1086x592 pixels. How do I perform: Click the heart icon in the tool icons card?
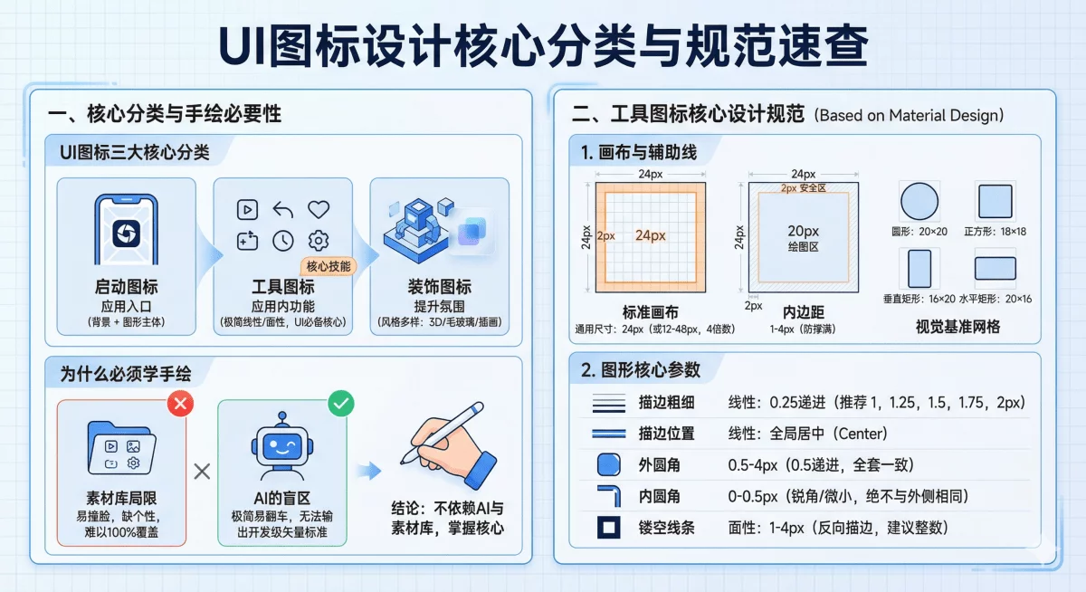point(319,209)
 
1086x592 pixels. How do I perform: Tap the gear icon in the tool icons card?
point(318,240)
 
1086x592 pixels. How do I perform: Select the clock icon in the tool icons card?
point(283,240)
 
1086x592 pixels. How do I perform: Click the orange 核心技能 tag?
point(327,266)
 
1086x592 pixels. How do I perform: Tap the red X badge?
point(180,404)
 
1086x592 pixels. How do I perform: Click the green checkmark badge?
point(340,404)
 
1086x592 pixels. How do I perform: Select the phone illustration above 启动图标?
point(122,230)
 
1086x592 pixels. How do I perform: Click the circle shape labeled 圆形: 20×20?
point(919,200)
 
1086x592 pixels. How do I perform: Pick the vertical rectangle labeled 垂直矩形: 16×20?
point(919,269)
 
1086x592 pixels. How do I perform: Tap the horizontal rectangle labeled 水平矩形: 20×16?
point(995,269)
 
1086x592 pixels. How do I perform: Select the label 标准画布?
point(650,310)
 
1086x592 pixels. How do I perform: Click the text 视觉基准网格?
point(957,327)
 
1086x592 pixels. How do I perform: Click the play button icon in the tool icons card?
point(247,209)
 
